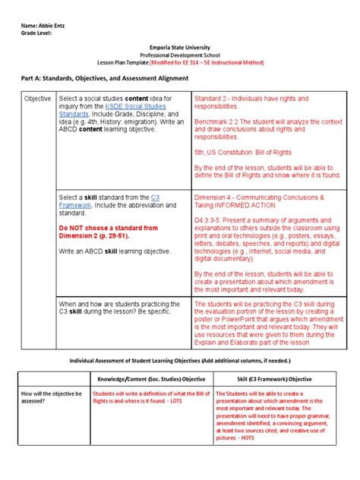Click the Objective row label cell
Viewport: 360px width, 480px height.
click(x=37, y=99)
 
